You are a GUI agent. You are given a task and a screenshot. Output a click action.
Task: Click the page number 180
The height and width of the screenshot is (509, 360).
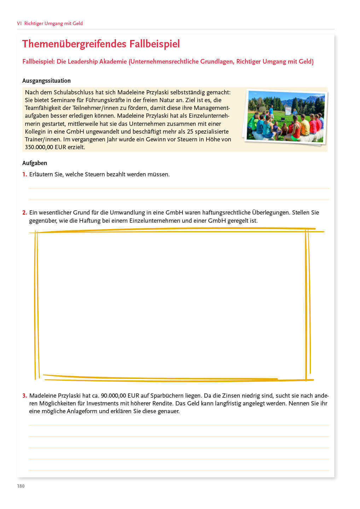pos(21,486)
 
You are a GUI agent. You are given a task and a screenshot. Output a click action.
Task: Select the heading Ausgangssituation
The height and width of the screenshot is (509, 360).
pos(46,81)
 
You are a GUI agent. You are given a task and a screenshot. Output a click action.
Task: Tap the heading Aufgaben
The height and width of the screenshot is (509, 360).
pos(35,163)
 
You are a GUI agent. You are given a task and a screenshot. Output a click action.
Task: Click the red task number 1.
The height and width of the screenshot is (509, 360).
pos(24,174)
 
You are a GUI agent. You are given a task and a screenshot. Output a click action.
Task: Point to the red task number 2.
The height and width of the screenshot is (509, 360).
pos(24,212)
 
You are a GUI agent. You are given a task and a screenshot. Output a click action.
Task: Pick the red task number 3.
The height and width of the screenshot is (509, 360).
pos(24,396)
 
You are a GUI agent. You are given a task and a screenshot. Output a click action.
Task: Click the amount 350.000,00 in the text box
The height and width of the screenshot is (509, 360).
pos(39,147)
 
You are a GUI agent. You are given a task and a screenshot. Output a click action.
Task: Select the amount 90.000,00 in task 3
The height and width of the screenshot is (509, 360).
pos(113,396)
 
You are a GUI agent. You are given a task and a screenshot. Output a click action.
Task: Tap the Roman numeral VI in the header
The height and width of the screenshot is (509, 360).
pos(19,23)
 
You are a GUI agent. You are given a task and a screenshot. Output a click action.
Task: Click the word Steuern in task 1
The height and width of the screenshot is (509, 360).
pos(95,174)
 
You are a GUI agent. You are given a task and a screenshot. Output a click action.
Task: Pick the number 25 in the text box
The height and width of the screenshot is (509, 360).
pos(190,131)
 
